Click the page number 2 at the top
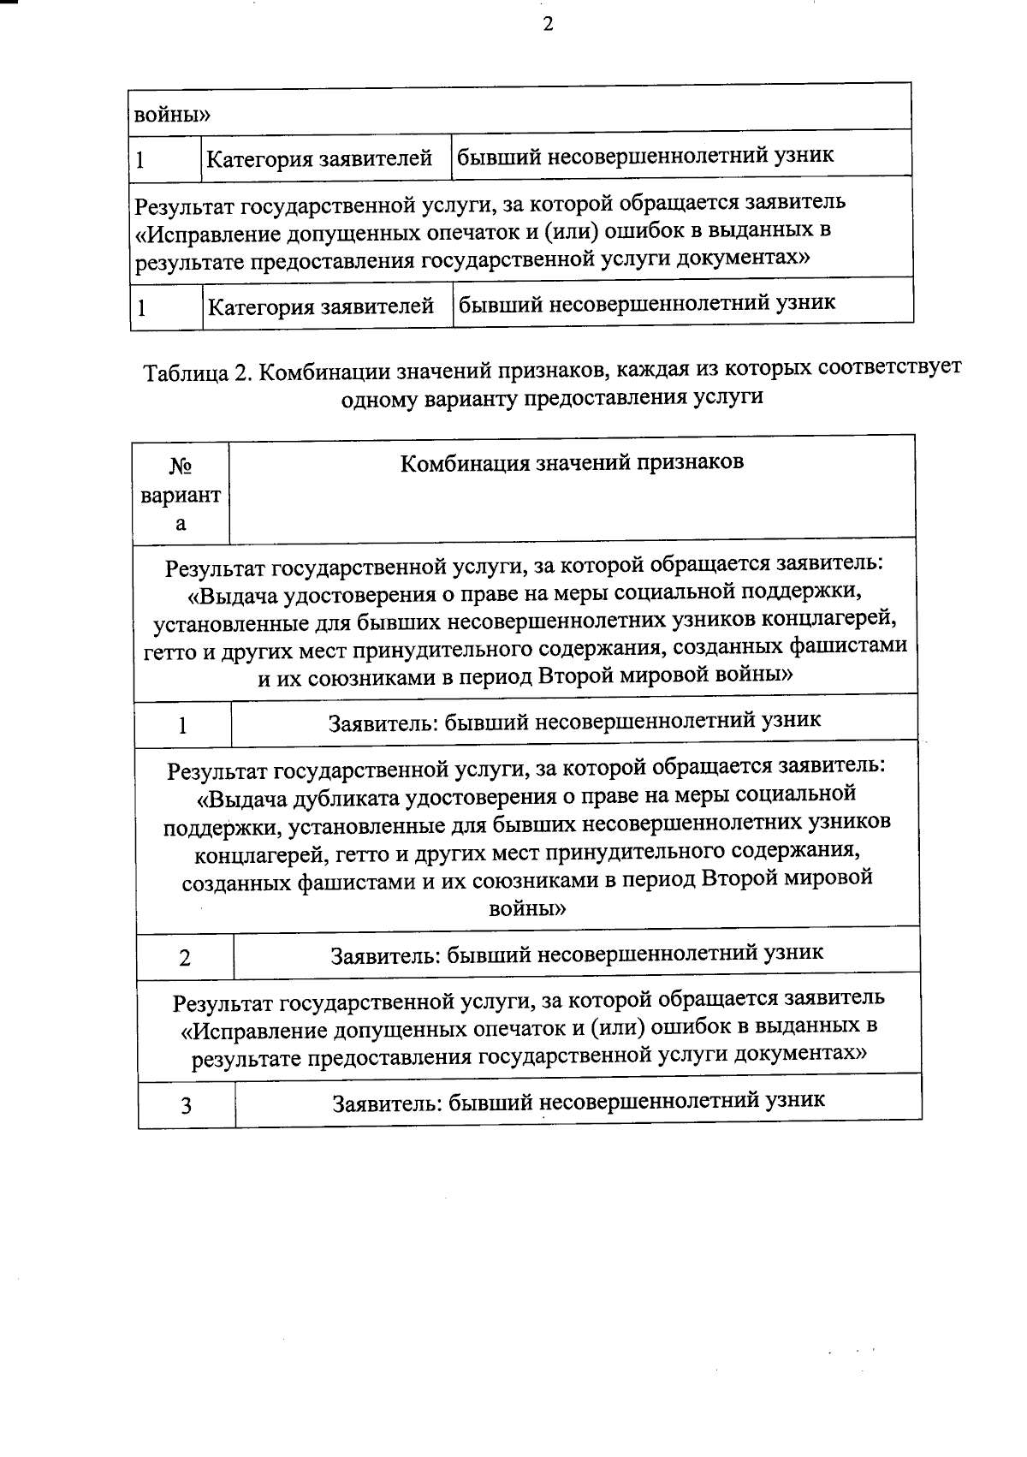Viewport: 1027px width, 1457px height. tap(548, 25)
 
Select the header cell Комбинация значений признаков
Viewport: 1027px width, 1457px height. tap(573, 463)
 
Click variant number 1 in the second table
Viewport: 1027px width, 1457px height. tap(182, 726)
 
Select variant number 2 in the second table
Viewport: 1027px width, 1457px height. tap(185, 958)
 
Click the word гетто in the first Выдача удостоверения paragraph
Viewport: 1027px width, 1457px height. tap(169, 650)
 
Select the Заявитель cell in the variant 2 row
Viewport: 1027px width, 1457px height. tap(577, 953)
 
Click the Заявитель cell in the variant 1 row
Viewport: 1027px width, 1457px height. tap(575, 721)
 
